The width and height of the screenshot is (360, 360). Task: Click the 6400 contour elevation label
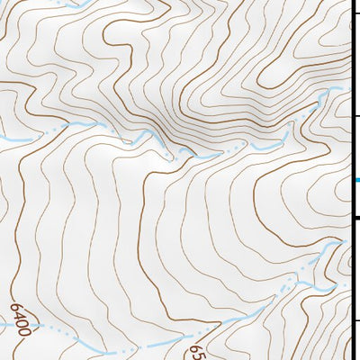click(22, 318)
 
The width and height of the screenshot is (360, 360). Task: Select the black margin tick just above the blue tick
click(355, 116)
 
